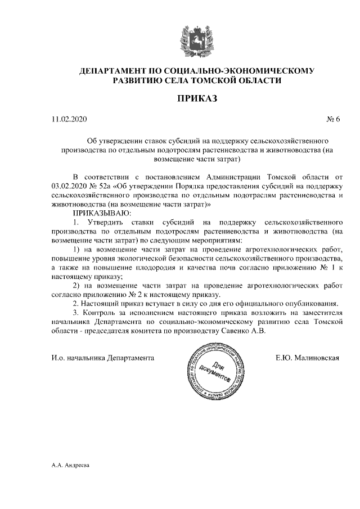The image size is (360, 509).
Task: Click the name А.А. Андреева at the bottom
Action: pos(70,466)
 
